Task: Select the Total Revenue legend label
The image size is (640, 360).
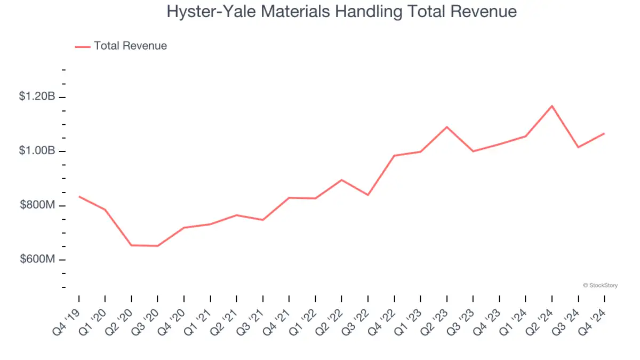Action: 130,46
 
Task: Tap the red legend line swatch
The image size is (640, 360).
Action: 83,46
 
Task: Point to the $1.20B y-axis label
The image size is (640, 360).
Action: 37,97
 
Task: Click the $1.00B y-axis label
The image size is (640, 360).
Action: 37,151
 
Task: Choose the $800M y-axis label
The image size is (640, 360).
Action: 38,206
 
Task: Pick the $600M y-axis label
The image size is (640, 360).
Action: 38,260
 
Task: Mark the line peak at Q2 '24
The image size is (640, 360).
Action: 552,106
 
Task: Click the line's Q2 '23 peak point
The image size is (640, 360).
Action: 447,127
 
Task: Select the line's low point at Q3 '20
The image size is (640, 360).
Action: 157,246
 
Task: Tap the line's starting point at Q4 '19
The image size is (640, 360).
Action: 79,196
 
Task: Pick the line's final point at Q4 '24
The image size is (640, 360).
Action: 604,133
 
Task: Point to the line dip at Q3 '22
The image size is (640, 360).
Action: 368,195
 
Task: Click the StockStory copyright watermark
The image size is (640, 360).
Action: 601,285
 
